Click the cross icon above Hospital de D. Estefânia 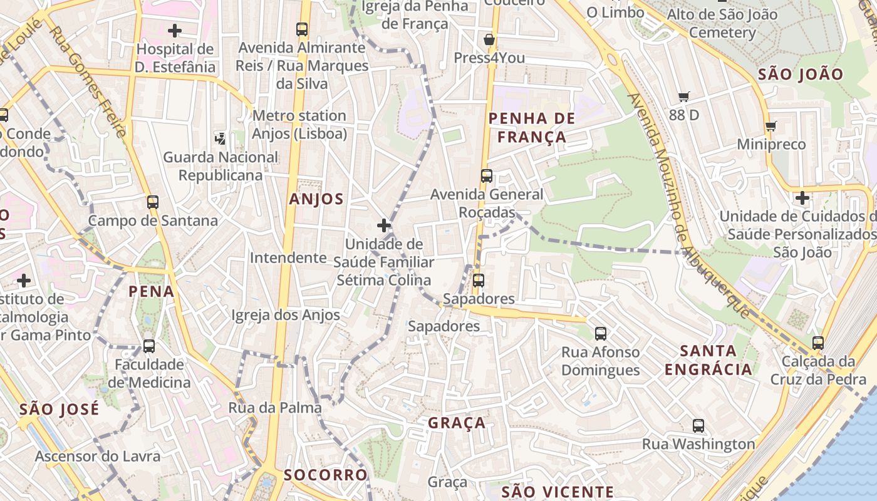[175, 30]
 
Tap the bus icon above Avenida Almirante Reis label [302, 29]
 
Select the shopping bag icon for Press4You [489, 39]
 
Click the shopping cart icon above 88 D [684, 96]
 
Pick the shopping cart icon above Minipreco [771, 126]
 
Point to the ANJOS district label [316, 200]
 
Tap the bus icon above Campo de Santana [153, 202]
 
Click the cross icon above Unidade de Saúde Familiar [384, 225]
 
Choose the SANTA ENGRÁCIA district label [708, 360]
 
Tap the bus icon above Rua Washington [698, 426]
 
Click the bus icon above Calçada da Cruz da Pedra [818, 343]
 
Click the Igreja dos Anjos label [286, 315]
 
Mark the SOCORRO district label [326, 475]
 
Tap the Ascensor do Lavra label [98, 456]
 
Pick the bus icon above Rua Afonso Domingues [601, 333]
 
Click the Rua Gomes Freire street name [88, 81]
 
